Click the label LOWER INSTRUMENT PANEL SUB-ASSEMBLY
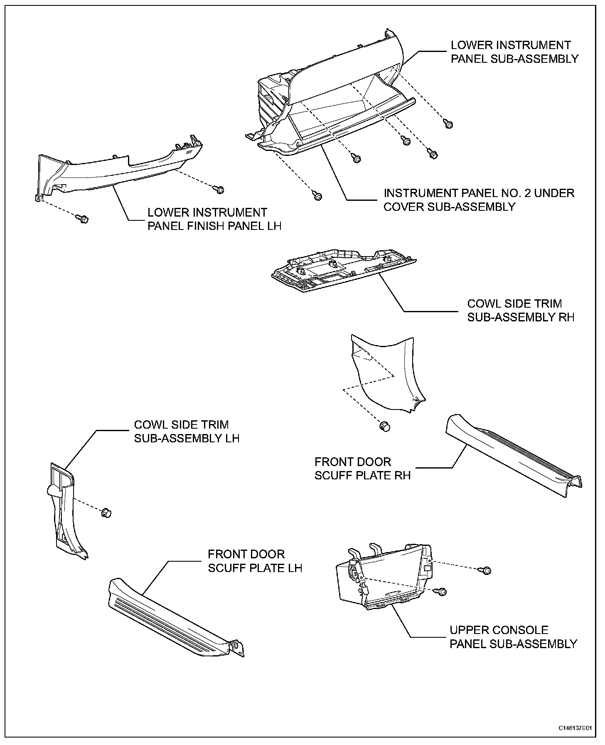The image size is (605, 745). [x=514, y=52]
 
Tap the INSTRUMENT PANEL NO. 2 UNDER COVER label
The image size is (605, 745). [x=479, y=200]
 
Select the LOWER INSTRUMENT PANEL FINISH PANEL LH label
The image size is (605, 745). [x=214, y=219]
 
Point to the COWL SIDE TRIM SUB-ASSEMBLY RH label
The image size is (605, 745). [x=521, y=311]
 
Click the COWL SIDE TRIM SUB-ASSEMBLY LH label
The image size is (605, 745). [x=187, y=432]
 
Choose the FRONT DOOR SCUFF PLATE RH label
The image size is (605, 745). [x=362, y=469]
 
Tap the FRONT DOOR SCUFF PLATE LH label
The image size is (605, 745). [x=255, y=561]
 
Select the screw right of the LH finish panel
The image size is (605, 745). [x=219, y=190]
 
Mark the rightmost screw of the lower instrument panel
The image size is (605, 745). [x=448, y=124]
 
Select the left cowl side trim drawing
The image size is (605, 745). [x=66, y=511]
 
